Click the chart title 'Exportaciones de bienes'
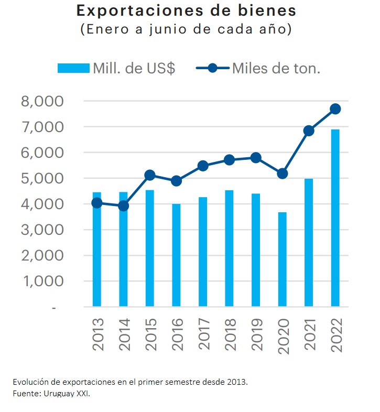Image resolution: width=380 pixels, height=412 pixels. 186,10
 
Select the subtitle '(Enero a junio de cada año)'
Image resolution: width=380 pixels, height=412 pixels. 186,29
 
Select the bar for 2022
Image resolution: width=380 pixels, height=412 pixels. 335,218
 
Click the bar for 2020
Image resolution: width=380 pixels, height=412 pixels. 283,259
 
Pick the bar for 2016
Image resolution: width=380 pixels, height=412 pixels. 177,255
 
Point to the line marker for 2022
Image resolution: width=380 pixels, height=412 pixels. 335,109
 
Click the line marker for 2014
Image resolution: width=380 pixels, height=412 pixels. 124,206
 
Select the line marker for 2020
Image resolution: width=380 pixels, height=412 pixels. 283,174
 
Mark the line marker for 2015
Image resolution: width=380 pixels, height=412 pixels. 150,175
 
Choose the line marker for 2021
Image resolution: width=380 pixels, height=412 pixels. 309,131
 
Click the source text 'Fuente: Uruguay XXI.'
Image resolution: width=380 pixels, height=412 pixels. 51,394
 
